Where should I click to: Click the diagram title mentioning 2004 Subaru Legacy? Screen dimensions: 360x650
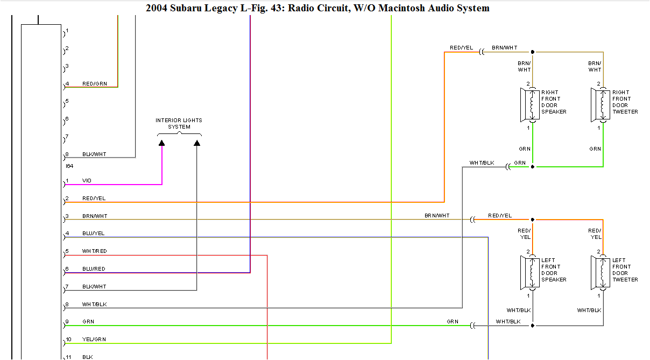pyautogui.click(x=317, y=8)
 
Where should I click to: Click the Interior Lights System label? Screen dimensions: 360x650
pyautogui.click(x=179, y=124)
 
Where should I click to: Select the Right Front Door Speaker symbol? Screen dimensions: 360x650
pyautogui.click(x=529, y=105)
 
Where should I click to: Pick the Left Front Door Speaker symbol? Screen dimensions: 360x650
pyautogui.click(x=529, y=273)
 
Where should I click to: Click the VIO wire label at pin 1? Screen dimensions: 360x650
pyautogui.click(x=87, y=181)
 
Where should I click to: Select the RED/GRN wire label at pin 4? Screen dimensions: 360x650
pyautogui.click(x=94, y=84)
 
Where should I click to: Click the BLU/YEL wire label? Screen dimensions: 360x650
pyautogui.click(x=94, y=234)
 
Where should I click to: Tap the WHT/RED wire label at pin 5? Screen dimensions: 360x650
pyautogui.click(x=94, y=251)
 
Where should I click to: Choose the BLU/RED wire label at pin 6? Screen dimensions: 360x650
pyautogui.click(x=94, y=269)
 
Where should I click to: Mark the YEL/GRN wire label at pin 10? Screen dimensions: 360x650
pyautogui.click(x=94, y=340)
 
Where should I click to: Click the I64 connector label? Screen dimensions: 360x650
pyautogui.click(x=69, y=166)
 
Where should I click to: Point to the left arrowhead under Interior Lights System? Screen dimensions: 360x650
pyautogui.click(x=161, y=143)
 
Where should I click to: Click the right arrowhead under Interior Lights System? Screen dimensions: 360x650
pyautogui.click(x=197, y=143)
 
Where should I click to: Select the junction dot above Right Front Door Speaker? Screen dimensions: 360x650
pyautogui.click(x=533, y=52)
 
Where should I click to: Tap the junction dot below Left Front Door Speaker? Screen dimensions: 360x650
pyautogui.click(x=533, y=326)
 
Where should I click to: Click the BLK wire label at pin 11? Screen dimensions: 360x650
pyautogui.click(x=87, y=357)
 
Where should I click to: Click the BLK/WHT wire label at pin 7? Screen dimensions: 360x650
pyautogui.click(x=94, y=287)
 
